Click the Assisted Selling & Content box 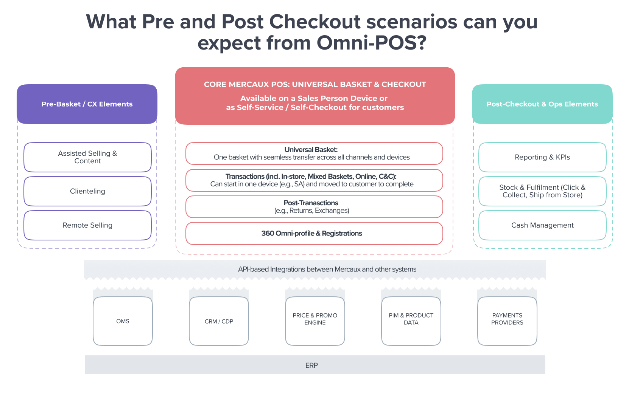(87, 157)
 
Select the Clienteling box (87, 191)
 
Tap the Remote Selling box (87, 225)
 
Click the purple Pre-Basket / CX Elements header (87, 104)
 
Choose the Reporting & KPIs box (542, 157)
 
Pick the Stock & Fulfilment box (542, 191)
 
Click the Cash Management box (542, 225)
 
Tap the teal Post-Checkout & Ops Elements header (542, 104)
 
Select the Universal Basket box (314, 153)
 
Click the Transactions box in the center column (314, 180)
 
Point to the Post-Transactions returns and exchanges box (314, 207)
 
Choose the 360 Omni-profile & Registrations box (314, 233)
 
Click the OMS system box (123, 321)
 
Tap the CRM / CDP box (219, 321)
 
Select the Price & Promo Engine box (315, 319)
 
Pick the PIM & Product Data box (411, 319)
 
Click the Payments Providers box (507, 319)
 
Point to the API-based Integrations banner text (327, 269)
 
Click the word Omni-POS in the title (371, 43)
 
